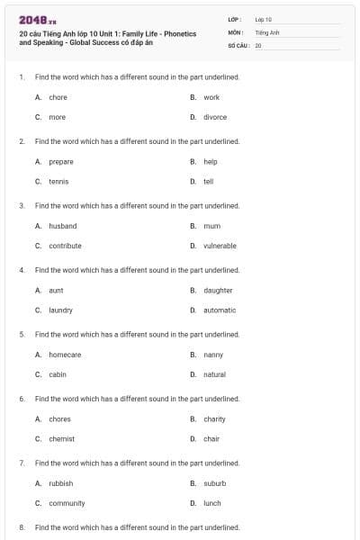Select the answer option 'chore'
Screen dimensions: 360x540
[58, 97]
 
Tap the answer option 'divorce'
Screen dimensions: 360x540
[215, 117]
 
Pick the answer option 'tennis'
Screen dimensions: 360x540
[58, 181]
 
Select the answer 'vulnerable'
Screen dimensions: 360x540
[220, 246]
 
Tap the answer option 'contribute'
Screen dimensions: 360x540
[65, 246]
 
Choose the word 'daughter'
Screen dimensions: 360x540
[218, 290]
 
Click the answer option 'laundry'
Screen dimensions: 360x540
[60, 310]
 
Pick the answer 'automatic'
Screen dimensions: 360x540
[220, 310]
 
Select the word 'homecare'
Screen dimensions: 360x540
[65, 355]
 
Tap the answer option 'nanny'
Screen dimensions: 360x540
[213, 355]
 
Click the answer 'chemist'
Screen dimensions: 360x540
[61, 438]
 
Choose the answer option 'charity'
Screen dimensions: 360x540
[214, 418]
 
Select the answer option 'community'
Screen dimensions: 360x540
[67, 503]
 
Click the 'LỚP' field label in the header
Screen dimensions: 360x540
[234, 19]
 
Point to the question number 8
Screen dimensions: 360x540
[22, 526]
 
